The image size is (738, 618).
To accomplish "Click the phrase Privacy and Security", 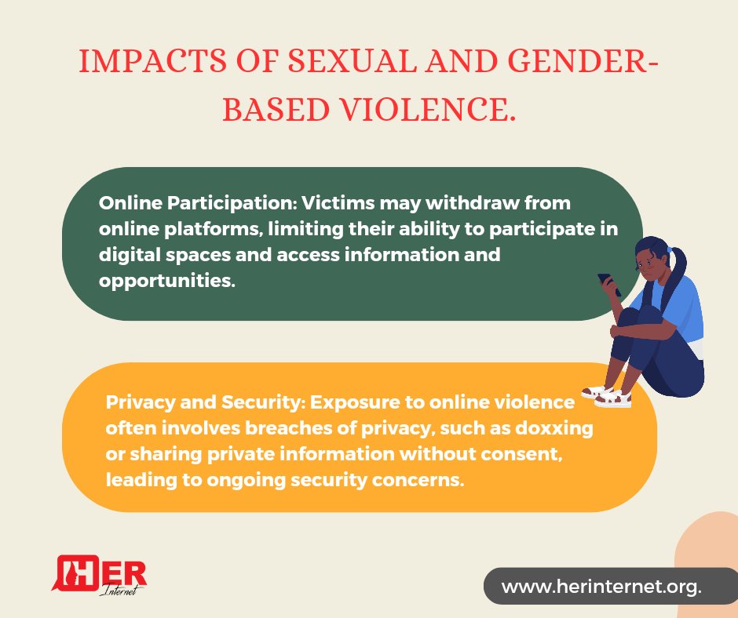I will point(202,402).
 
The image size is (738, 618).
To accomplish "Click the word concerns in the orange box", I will point(422,480).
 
